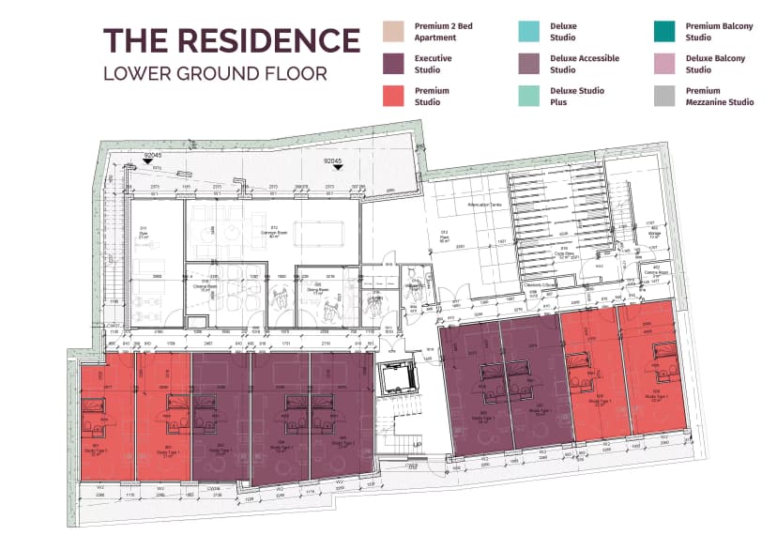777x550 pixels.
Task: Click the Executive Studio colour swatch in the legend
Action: tap(394, 64)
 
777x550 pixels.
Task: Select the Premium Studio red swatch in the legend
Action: tap(394, 96)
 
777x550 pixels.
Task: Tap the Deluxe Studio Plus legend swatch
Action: tap(529, 96)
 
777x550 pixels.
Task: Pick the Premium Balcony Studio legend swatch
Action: tap(665, 32)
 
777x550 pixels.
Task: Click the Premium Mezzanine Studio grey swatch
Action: tap(665, 96)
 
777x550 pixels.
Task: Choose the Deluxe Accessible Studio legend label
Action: tap(584, 64)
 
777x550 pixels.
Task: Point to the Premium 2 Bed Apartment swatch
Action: tap(394, 32)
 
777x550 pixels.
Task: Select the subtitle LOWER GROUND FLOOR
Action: tap(215, 73)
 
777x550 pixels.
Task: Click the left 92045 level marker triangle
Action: tap(147, 163)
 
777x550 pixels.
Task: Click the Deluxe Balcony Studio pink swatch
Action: tap(665, 64)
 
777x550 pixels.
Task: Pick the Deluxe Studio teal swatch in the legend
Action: tap(529, 32)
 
